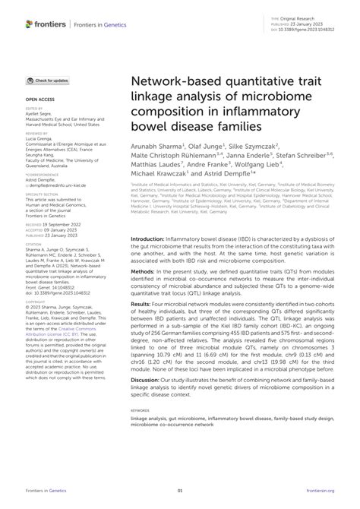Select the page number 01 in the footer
tap(181, 492)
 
